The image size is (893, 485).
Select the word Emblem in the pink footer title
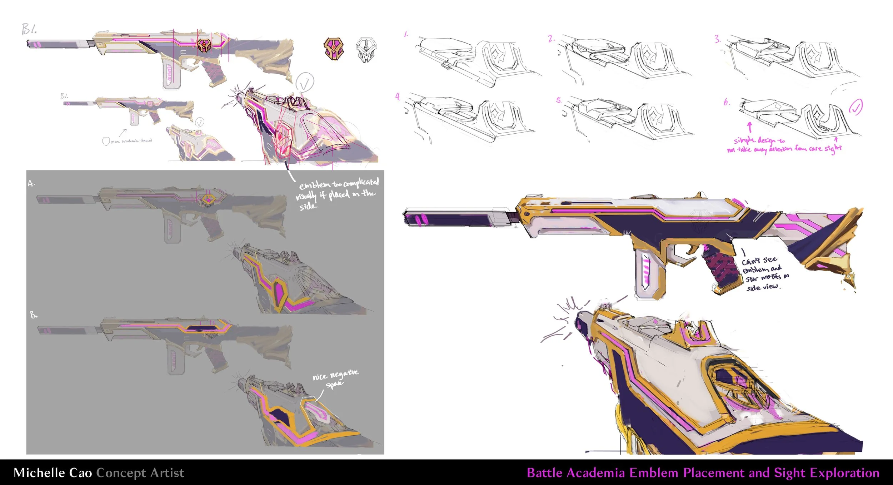click(x=654, y=473)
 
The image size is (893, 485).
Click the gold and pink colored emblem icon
click(x=334, y=49)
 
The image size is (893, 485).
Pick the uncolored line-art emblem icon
click(x=366, y=50)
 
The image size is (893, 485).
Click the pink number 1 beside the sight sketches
click(x=406, y=34)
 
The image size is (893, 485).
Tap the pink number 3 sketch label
click(x=717, y=39)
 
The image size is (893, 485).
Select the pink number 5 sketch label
click(x=559, y=100)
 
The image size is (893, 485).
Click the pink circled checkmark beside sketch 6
click(x=856, y=107)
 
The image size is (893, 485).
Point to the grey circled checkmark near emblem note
click(x=304, y=82)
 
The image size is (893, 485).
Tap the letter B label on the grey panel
click(x=33, y=315)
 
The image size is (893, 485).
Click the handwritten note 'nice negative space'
click(x=335, y=378)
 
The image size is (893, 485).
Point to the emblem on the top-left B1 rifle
click(x=204, y=45)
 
